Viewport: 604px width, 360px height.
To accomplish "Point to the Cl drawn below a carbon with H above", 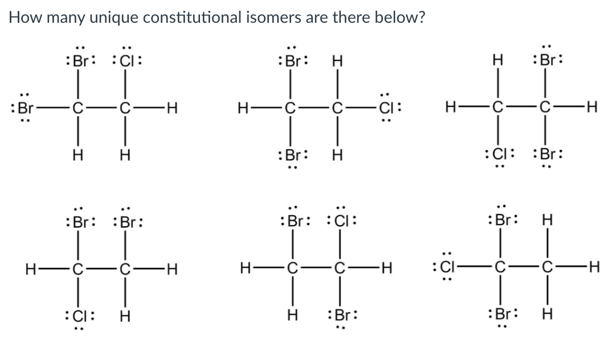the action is (500, 156).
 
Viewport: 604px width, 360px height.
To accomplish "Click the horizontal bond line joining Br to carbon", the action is (48, 107).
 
